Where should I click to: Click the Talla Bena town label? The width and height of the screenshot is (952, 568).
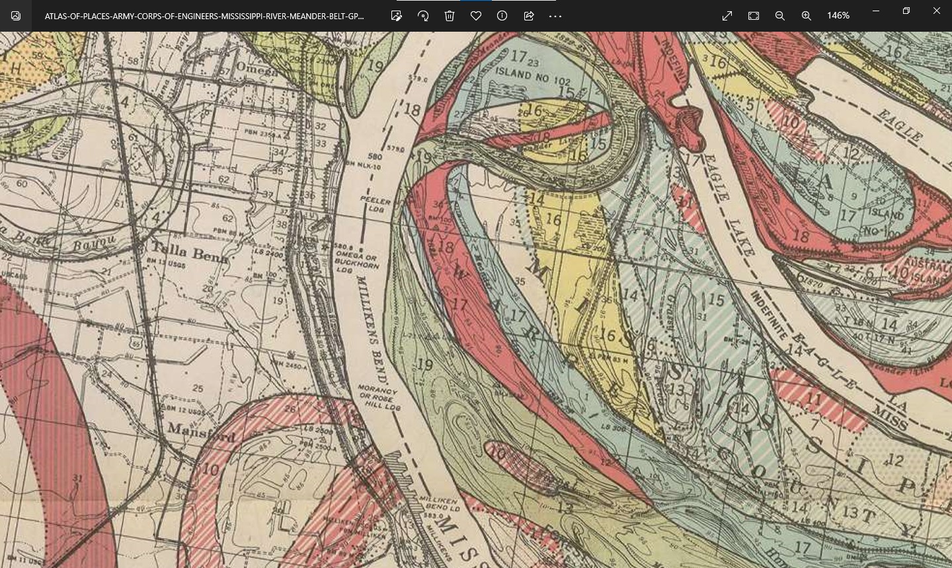pyautogui.click(x=190, y=252)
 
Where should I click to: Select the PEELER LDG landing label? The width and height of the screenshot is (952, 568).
pyautogui.click(x=376, y=203)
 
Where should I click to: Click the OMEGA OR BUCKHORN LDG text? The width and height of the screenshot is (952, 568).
pyautogui.click(x=357, y=258)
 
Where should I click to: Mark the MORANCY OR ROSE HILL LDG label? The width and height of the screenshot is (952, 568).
pyautogui.click(x=379, y=398)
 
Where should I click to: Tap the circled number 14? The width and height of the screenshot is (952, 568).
pyautogui.click(x=743, y=409)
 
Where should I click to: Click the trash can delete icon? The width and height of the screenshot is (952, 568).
pyautogui.click(x=450, y=16)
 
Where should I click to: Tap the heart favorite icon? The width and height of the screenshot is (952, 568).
pyautogui.click(x=476, y=16)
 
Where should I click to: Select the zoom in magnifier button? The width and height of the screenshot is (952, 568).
pyautogui.click(x=807, y=16)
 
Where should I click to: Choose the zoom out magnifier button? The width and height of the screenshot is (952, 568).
pyautogui.click(x=780, y=16)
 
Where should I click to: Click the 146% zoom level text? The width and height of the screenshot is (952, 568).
pyautogui.click(x=838, y=16)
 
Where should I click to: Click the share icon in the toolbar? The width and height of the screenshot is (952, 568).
pyautogui.click(x=529, y=16)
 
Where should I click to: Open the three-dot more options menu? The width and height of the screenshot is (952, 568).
pyautogui.click(x=555, y=16)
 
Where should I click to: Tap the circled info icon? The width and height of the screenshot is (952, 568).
pyautogui.click(x=502, y=16)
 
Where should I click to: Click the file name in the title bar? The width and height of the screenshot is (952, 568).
pyautogui.click(x=204, y=16)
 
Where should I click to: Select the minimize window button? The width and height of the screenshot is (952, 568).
pyautogui.click(x=876, y=11)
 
